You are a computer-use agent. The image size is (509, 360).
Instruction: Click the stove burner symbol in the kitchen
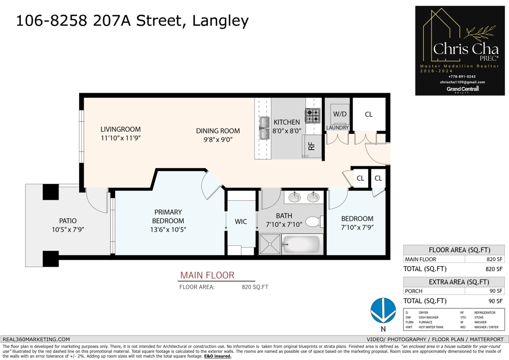[x=313, y=115]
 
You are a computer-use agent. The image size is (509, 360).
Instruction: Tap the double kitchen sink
[x=264, y=128]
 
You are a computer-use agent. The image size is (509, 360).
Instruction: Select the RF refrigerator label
[x=311, y=146]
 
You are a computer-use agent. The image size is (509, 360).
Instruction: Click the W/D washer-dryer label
[x=340, y=114]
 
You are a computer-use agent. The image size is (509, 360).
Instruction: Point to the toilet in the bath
[x=314, y=222]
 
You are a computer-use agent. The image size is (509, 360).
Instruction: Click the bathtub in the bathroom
[x=302, y=244]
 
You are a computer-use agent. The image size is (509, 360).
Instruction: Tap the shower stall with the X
[x=270, y=244]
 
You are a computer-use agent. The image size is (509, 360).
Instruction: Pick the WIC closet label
[x=241, y=222]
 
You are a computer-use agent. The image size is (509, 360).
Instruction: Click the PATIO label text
[x=68, y=221]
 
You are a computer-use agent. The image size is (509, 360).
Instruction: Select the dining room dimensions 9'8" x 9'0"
[x=218, y=139]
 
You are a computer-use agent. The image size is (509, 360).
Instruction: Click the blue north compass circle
[x=383, y=310]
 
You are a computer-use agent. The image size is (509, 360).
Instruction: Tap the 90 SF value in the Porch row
[x=496, y=291]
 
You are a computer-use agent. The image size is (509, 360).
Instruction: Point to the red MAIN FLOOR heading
[x=207, y=275]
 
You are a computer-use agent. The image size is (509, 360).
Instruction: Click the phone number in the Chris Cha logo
[x=462, y=77]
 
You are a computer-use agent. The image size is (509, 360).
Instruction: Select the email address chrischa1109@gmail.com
[x=462, y=82]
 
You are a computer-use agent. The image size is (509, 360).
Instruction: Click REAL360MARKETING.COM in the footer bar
[x=36, y=339]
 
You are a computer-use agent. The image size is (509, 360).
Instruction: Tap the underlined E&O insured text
[x=218, y=356]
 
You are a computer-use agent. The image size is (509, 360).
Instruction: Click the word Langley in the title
[x=221, y=21]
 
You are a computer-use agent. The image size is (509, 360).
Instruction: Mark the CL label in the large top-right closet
[x=369, y=114]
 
